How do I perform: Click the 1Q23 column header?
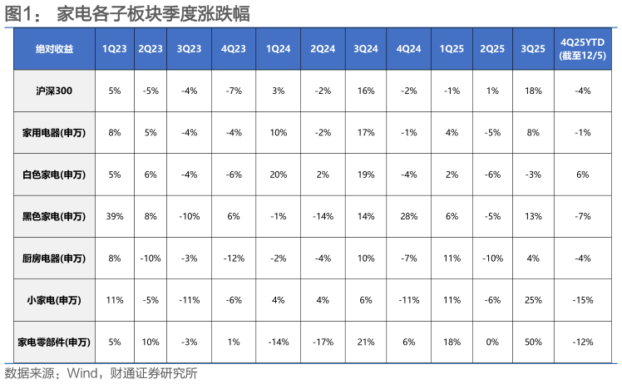pyautogui.click(x=114, y=49)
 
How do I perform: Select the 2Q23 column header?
pyautogui.click(x=151, y=49)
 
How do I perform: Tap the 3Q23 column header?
pyautogui.click(x=190, y=49)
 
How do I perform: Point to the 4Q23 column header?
pyautogui.click(x=234, y=49)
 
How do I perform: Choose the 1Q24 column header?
pyautogui.click(x=278, y=49)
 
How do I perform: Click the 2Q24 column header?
pyautogui.click(x=323, y=49)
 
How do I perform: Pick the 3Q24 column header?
pyautogui.click(x=366, y=49)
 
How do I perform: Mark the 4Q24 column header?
pyautogui.click(x=409, y=49)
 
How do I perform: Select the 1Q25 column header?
pyautogui.click(x=452, y=49)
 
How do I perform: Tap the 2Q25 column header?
pyautogui.click(x=492, y=49)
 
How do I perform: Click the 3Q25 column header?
pyautogui.click(x=533, y=49)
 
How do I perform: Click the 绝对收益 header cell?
pyautogui.click(x=54, y=49)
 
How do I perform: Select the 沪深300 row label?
pyautogui.click(x=54, y=91)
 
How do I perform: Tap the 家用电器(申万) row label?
pyautogui.click(x=54, y=133)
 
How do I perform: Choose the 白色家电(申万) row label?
pyautogui.click(x=54, y=175)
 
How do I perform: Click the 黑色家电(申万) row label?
pyautogui.click(x=54, y=216)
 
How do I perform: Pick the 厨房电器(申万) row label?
pyautogui.click(x=54, y=258)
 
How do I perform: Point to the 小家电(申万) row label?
pyautogui.click(x=54, y=300)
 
